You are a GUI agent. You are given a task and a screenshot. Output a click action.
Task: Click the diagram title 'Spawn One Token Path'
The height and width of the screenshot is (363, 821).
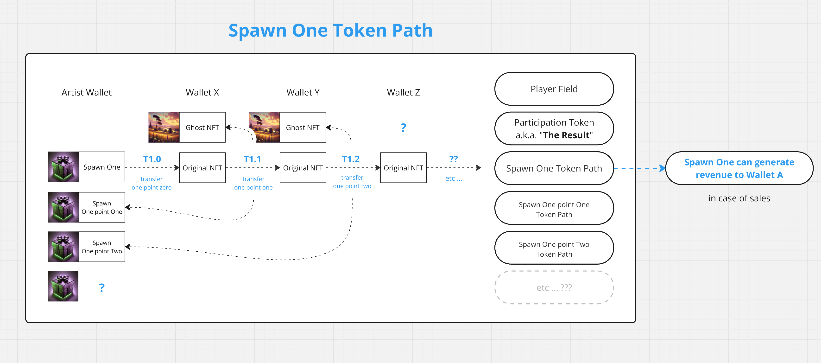coord(330,31)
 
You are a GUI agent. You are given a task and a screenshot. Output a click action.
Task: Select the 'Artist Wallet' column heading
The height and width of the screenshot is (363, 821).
coord(86,92)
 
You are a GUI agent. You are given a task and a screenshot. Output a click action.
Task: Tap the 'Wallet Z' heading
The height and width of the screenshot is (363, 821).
coord(403,92)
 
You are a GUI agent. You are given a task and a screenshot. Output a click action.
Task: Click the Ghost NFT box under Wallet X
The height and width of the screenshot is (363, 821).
coord(202,127)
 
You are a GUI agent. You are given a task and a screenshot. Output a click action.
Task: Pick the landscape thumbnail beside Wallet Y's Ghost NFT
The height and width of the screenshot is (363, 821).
coord(264,127)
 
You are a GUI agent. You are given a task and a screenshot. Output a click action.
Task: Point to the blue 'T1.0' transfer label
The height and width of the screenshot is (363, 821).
coord(152,159)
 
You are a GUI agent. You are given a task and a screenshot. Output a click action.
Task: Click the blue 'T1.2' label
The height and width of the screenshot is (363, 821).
coord(351,159)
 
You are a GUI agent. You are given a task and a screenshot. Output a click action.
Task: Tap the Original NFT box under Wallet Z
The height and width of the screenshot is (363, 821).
coord(403,168)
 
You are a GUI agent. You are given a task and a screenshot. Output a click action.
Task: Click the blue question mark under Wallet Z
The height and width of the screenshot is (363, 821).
coord(403,128)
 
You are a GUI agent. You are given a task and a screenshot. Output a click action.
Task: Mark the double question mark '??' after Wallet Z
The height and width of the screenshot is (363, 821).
coord(453,159)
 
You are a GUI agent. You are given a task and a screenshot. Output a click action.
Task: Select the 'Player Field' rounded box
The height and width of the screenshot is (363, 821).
coord(554,89)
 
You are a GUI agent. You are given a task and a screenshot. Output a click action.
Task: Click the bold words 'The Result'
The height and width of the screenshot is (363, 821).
coord(566,135)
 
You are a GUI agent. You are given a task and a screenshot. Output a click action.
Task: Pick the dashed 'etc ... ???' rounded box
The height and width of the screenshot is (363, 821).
coord(554,287)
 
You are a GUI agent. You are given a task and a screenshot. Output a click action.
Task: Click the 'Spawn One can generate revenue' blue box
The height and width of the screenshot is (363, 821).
coord(739,168)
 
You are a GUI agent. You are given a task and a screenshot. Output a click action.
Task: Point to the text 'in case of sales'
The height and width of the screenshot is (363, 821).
coord(739,198)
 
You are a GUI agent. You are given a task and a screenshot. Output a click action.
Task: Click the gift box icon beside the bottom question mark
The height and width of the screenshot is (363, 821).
coord(63,286)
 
